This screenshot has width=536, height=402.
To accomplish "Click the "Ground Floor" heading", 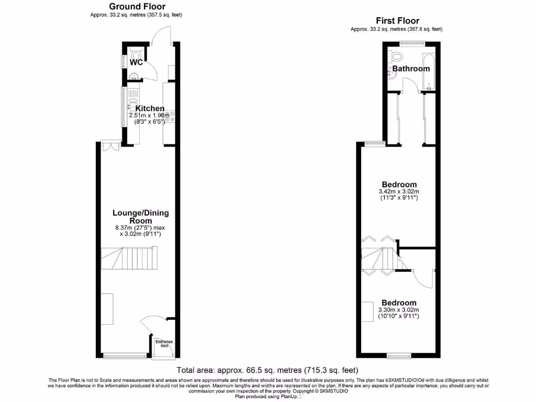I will pos(137,7).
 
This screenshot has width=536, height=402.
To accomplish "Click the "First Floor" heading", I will pos(397,21).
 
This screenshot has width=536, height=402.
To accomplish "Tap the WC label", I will pos(136,62).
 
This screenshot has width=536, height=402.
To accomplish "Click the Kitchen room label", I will pos(150,108).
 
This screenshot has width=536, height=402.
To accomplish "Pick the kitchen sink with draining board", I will pos(132,102).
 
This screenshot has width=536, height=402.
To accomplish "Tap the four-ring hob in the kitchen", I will pos(170,117).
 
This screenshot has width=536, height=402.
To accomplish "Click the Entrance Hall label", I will pos(164,344).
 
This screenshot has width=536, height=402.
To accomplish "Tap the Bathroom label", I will pos(411,69).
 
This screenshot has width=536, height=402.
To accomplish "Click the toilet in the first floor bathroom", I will pos(396,55).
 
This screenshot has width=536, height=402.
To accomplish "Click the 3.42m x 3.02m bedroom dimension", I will pos(399,194).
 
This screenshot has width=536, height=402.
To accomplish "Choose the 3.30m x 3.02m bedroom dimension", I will pos(399,312).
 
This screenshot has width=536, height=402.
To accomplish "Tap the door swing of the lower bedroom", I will pos(423,278).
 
